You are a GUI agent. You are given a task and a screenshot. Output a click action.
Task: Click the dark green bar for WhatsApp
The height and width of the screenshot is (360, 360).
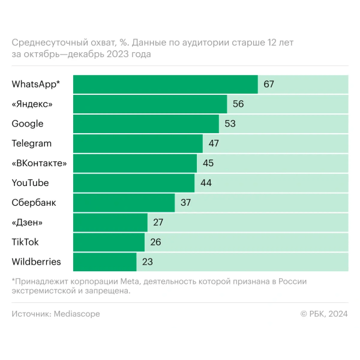pyautogui.click(x=165, y=84)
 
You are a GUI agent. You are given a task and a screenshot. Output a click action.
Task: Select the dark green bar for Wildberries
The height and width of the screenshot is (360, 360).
pyautogui.click(x=105, y=262)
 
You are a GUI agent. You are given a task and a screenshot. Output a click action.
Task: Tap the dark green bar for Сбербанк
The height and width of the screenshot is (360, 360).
pyautogui.click(x=124, y=203)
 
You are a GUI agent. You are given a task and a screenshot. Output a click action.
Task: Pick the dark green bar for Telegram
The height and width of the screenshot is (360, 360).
pyautogui.click(x=138, y=143)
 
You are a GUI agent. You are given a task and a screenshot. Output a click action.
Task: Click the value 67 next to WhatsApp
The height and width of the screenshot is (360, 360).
pyautogui.click(x=268, y=84)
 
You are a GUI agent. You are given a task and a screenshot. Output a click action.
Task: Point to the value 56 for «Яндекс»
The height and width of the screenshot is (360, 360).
pyautogui.click(x=238, y=104)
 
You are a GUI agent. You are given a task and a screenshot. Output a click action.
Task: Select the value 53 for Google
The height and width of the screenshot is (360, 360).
pyautogui.click(x=230, y=124)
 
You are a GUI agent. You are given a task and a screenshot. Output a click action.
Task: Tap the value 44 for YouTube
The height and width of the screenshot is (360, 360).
pyautogui.click(x=206, y=183)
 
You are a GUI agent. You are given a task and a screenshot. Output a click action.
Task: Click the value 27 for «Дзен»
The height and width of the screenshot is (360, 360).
pyautogui.click(x=158, y=223)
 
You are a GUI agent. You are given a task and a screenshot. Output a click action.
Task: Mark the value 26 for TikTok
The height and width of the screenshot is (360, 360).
pyautogui.click(x=155, y=242)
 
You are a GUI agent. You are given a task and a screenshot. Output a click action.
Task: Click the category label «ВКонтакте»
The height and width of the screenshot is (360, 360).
pyautogui.click(x=39, y=163)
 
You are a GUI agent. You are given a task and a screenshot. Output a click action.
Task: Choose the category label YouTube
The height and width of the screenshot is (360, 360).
pyautogui.click(x=30, y=183)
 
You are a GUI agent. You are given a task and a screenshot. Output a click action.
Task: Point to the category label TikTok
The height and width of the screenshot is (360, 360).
pyautogui.click(x=26, y=242)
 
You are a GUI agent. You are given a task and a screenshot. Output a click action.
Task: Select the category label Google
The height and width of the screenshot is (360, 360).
pyautogui.click(x=28, y=124)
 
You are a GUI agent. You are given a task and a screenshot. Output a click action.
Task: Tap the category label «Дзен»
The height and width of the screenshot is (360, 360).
pyautogui.click(x=27, y=223)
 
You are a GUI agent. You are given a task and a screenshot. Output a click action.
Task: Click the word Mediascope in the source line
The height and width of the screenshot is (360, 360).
pyautogui.click(x=77, y=314)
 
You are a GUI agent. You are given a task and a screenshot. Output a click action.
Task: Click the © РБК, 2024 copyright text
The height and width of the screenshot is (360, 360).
pyautogui.click(x=324, y=314)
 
